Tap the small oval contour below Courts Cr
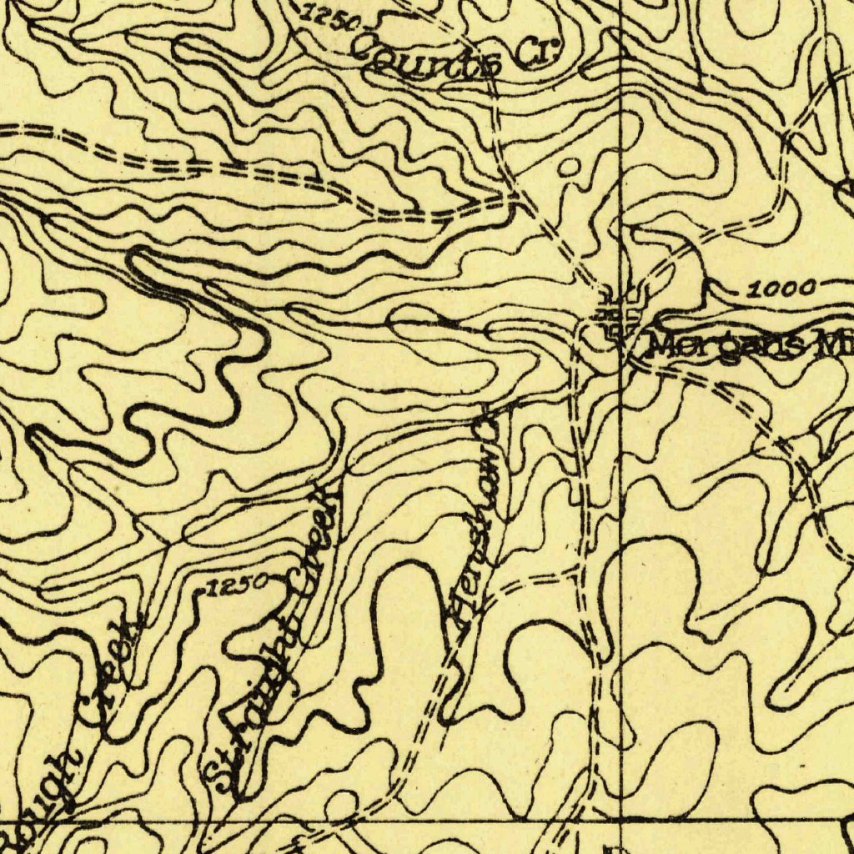(x=569, y=168)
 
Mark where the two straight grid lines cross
(x=620, y=819)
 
